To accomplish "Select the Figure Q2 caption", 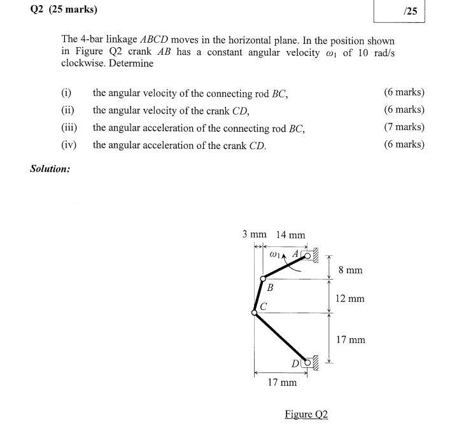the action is (x=306, y=414).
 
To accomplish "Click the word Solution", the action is (x=50, y=169).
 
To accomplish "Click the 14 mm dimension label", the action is (x=290, y=235).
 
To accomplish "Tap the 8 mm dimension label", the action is (x=350, y=270).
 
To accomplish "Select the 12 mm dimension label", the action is (x=350, y=298).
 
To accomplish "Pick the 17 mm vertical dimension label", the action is (x=350, y=340).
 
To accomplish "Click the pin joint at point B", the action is (x=262, y=279).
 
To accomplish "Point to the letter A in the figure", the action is (x=295, y=253).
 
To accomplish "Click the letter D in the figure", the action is (x=295, y=364).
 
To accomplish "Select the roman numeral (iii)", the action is (x=69, y=127).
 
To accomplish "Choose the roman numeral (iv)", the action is (x=69, y=145).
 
